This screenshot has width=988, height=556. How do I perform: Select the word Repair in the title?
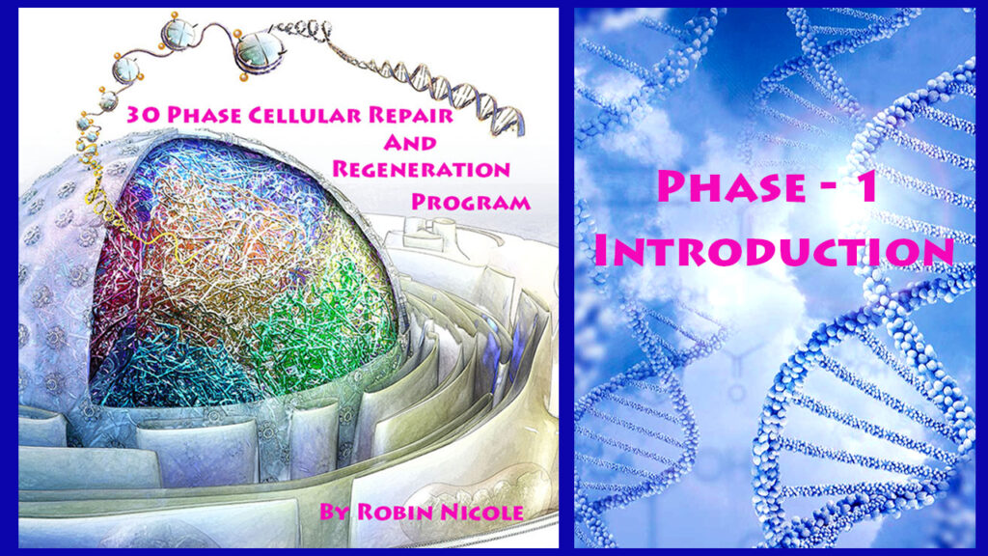411,115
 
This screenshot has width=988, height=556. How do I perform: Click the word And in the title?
410,143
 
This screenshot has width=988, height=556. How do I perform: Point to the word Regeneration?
421,169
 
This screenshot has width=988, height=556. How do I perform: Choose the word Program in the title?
471,202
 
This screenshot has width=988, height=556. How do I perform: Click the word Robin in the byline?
393,512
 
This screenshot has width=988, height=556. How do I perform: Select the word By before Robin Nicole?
334,512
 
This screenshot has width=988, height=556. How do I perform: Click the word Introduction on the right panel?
775,250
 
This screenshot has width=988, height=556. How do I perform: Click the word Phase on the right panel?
731,186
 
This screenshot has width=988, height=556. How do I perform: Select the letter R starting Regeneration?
341,169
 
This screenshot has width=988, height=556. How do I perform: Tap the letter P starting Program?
420,202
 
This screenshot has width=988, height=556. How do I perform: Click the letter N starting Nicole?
450,512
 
